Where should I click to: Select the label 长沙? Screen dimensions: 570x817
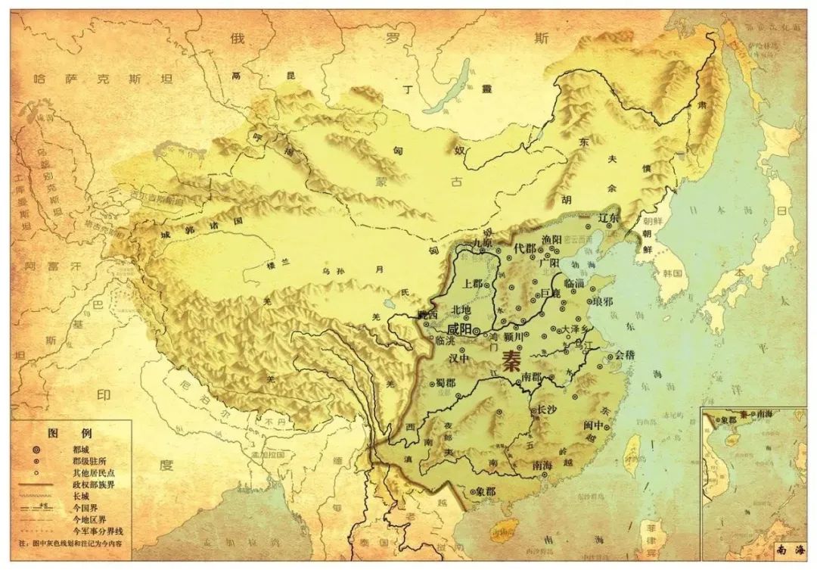point(548,410)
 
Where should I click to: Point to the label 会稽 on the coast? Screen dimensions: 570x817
point(626,354)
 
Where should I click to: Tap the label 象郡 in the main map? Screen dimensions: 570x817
point(486,491)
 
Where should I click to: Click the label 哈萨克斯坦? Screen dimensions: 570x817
point(104,79)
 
